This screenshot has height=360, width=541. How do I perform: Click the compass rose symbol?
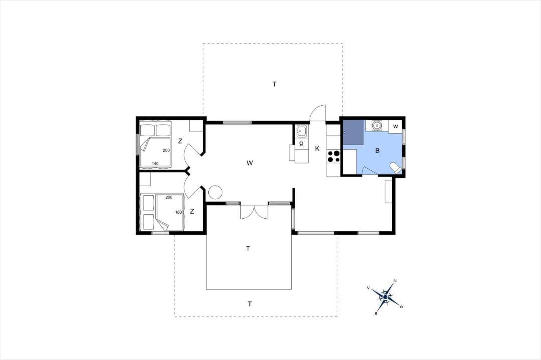(385, 297)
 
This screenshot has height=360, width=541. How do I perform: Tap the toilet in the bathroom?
(395, 168)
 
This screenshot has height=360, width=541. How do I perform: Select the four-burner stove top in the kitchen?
(334, 156)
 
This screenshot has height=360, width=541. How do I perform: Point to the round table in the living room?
(215, 192)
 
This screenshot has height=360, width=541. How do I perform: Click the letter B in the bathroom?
(377, 150)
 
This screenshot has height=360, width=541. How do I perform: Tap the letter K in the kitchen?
(317, 149)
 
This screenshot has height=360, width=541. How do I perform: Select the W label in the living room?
(250, 163)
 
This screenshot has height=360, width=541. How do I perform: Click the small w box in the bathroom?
(395, 127)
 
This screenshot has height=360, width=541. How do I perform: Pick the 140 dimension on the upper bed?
(155, 163)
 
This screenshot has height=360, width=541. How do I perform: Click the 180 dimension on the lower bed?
(178, 212)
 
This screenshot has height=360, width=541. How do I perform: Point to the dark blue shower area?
(353, 132)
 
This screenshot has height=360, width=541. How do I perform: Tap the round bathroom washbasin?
(377, 125)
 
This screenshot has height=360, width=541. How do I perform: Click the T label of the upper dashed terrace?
(275, 84)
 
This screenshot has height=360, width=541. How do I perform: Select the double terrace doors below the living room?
(254, 212)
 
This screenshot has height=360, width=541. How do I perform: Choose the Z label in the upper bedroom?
(180, 141)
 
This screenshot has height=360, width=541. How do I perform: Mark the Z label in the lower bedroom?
(192, 211)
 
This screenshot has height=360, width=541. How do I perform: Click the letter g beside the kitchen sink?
(301, 143)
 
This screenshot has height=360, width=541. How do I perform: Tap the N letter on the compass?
(395, 281)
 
